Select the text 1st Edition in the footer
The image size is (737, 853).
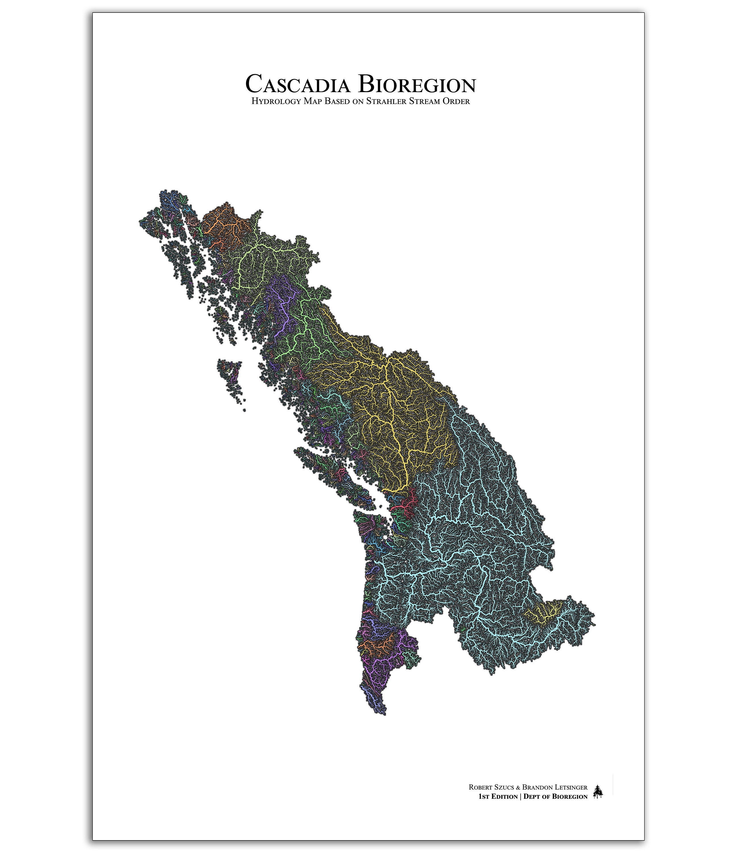click(x=498, y=797)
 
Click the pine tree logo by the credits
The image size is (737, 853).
click(x=598, y=792)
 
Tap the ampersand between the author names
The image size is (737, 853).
click(x=518, y=787)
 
